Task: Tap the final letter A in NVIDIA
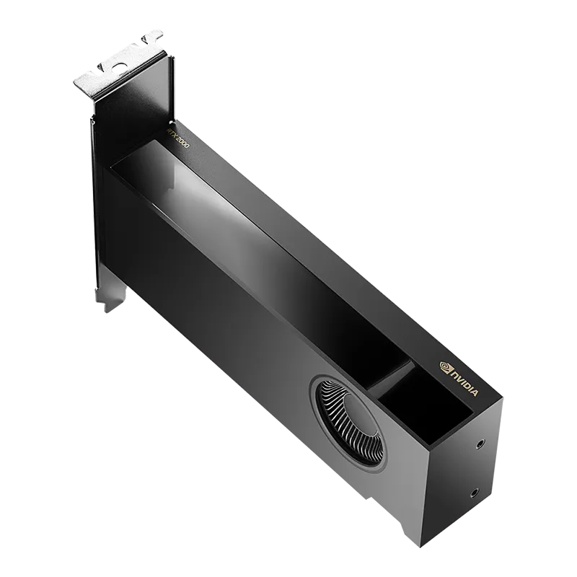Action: (473, 393)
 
